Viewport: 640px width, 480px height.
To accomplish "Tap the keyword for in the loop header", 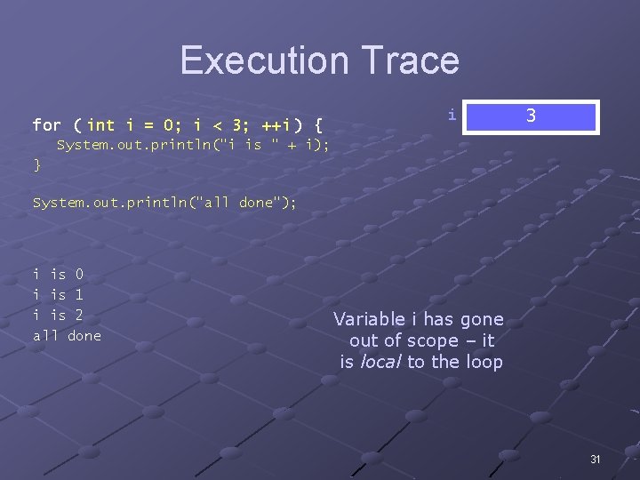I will tap(46, 124).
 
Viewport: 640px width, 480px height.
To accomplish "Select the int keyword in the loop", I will tap(100, 124).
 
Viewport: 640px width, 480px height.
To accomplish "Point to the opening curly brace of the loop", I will tap(318, 124).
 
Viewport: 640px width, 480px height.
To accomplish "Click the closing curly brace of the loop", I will tap(36, 164).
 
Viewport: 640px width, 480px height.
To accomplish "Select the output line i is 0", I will tap(58, 275).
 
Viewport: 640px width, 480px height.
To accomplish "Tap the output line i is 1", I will tap(58, 294).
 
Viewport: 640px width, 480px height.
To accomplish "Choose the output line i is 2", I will tap(58, 315).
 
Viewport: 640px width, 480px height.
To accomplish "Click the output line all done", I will tap(67, 335).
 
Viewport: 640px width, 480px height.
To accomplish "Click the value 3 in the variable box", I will tap(531, 116).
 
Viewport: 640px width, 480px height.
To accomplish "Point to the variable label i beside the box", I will tap(452, 115).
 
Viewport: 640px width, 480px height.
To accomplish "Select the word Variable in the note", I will tap(368, 319).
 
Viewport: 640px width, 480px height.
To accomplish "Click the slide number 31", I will tap(596, 459).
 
